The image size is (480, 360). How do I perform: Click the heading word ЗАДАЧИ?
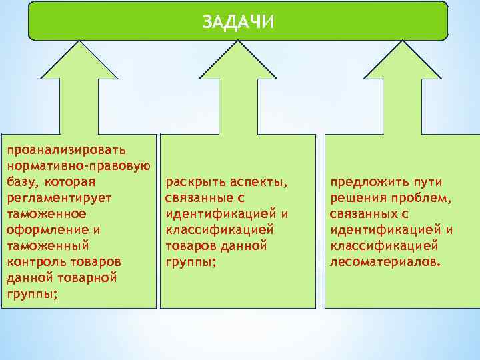pos(238,22)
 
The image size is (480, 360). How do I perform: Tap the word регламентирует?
pos(59,198)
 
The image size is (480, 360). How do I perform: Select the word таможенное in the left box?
pos(46,214)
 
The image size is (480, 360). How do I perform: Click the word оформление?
pos(46,230)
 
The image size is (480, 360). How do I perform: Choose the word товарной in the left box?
pos(85,278)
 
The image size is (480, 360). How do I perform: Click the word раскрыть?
pos(195,182)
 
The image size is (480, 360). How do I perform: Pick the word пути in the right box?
pos(428,182)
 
